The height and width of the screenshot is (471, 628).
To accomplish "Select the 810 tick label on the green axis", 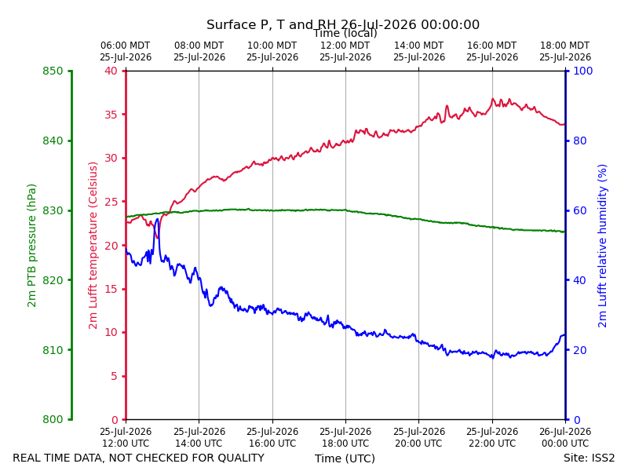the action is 53,350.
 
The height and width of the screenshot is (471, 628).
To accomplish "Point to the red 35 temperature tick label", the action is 111,115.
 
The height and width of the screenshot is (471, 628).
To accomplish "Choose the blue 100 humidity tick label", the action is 583,71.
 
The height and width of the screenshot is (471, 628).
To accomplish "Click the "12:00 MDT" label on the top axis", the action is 345,46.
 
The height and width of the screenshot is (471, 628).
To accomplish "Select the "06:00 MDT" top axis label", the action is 126,46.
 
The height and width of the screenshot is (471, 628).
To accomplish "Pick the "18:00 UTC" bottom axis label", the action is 345,444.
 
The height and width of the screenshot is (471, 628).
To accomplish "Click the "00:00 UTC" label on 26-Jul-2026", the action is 565,444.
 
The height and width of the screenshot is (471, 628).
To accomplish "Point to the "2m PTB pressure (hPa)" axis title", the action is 31,246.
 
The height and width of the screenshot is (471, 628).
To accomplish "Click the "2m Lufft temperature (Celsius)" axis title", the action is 93,246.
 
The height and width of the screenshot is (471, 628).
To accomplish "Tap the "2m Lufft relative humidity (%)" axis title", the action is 602,246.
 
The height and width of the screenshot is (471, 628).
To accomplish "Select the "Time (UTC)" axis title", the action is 345,458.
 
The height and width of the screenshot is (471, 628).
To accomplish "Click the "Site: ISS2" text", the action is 589,458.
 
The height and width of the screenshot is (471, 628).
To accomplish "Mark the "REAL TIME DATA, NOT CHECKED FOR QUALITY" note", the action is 139,458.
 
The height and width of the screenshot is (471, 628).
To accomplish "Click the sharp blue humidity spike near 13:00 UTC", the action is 157,220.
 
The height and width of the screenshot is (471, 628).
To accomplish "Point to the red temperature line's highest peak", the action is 493,99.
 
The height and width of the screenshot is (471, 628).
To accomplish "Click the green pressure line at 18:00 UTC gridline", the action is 345,210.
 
